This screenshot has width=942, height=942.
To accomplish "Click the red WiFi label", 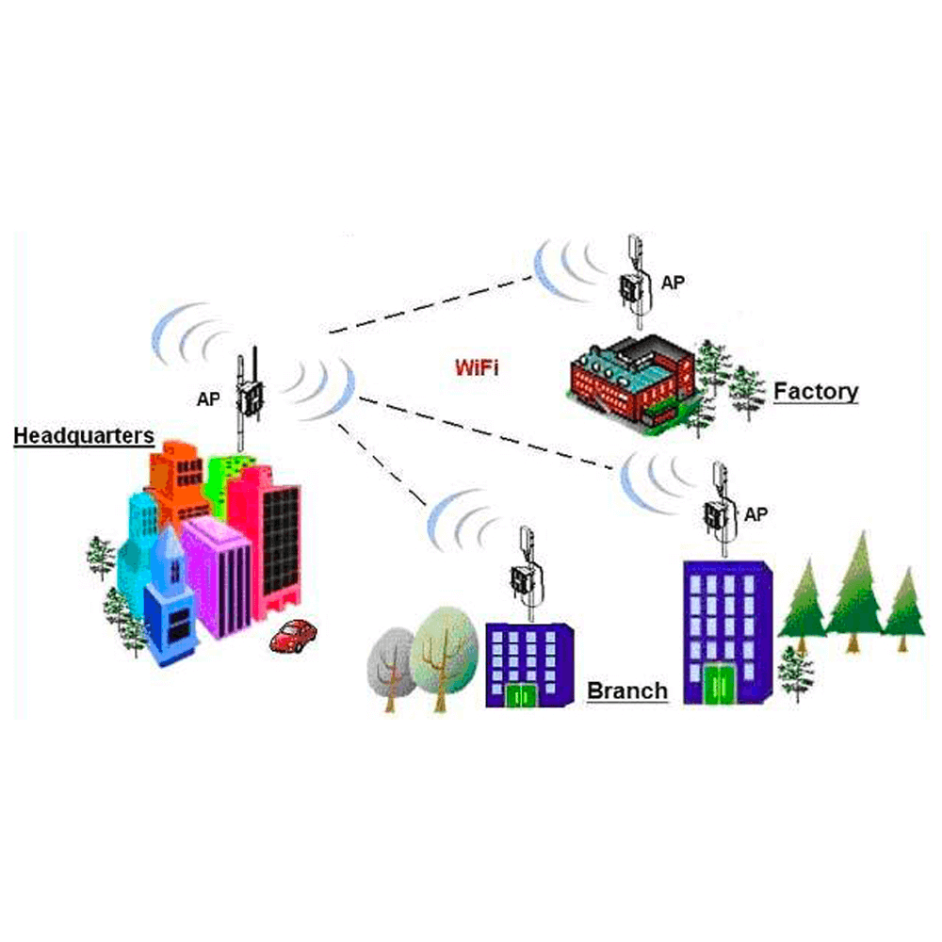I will [x=476, y=366].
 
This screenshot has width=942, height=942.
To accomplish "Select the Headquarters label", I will [x=83, y=435].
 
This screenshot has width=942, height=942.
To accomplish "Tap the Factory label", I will [x=816, y=391].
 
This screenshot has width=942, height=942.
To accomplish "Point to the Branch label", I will [x=627, y=690].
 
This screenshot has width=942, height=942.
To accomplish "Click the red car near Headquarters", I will [x=293, y=635].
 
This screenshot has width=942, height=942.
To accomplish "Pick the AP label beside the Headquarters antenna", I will [x=208, y=398].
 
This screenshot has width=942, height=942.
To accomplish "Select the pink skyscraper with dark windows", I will [x=273, y=537].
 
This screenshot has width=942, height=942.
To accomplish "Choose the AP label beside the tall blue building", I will [x=755, y=514].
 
